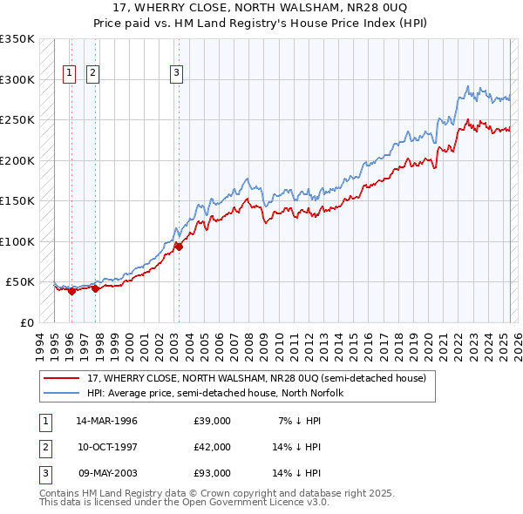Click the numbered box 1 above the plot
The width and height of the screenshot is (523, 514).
69,73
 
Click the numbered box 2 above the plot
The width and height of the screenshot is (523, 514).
92,73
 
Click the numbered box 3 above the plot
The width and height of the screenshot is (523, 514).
177,73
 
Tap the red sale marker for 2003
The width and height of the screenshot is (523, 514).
179,247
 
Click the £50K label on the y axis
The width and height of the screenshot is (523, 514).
21,282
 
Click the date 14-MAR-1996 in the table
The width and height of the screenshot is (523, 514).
107,421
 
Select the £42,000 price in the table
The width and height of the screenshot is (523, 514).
212,447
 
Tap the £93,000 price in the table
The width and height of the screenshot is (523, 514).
212,473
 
